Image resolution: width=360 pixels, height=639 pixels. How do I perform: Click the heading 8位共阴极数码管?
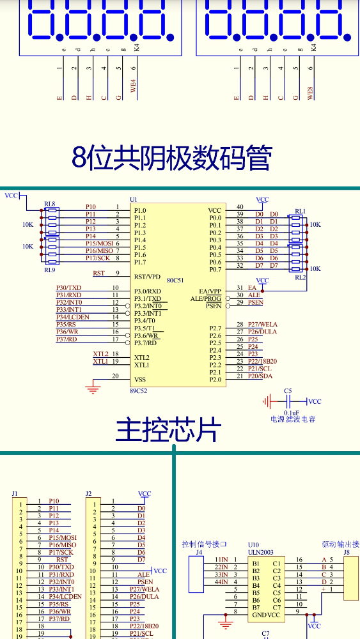[172, 158]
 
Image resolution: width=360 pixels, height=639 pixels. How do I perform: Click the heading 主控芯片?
[168, 431]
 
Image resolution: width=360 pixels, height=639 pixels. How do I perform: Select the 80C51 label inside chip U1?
[175, 280]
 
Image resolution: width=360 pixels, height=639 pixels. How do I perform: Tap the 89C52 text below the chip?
[138, 390]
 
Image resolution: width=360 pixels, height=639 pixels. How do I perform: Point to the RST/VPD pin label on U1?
[147, 277]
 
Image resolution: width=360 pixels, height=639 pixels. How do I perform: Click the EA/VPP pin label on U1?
[210, 291]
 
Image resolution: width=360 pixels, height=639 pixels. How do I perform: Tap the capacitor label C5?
[288, 390]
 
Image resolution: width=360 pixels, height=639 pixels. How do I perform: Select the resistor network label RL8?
[49, 203]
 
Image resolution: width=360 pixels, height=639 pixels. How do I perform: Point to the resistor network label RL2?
[300, 277]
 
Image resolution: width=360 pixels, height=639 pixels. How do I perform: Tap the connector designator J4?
[199, 552]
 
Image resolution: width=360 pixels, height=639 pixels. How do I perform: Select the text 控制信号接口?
[205, 544]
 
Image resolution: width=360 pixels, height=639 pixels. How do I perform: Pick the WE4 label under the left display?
[133, 86]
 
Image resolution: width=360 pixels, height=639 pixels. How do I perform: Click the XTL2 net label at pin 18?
[100, 353]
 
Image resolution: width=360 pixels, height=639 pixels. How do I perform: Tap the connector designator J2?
[89, 494]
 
